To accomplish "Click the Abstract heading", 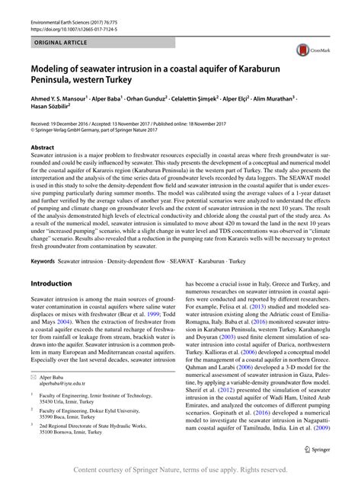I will click(x=43, y=148).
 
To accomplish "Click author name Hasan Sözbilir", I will click(x=56, y=108).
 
